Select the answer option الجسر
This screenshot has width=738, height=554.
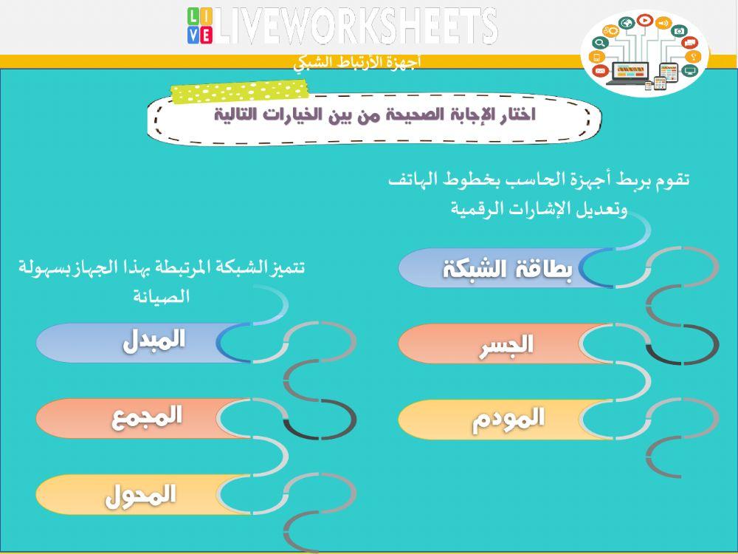click(x=506, y=345)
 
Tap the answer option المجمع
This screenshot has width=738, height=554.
click(x=147, y=417)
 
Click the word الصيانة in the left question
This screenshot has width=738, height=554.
click(x=162, y=297)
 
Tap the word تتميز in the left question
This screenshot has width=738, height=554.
click(x=287, y=267)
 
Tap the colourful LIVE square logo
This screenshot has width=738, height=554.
click(x=199, y=26)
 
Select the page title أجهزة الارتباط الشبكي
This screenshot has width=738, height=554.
click(x=357, y=62)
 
